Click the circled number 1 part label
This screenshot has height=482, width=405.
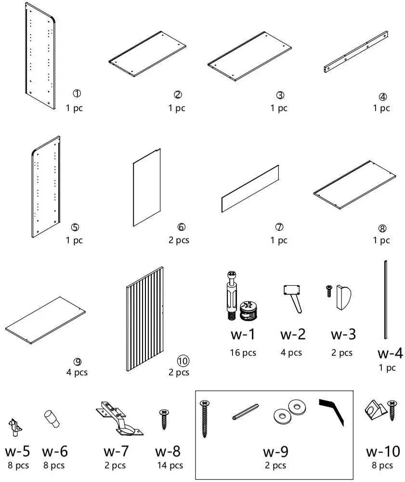pos(77,94)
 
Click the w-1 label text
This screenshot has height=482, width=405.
pos(242,334)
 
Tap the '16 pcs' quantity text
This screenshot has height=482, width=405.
pos(243,353)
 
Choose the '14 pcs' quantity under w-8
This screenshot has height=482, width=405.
pos(170,466)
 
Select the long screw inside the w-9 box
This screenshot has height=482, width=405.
pos(204,418)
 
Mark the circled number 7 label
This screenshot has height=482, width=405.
pos(279,227)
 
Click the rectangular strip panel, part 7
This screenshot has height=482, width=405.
pos(250,188)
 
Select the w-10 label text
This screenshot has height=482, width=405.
pos(382,452)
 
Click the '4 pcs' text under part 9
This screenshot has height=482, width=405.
pos(77,372)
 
